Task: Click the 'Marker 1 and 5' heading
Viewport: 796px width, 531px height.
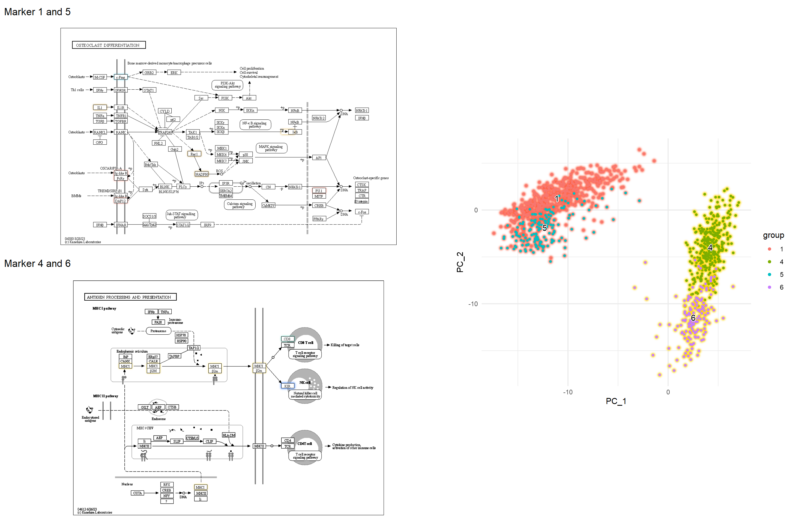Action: (37, 12)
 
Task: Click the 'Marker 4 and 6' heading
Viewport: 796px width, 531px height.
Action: (37, 264)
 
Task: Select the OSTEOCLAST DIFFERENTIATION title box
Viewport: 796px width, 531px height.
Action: (109, 45)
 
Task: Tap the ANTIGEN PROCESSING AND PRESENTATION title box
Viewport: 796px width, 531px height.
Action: (130, 297)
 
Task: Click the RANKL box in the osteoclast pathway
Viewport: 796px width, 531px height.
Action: (99, 132)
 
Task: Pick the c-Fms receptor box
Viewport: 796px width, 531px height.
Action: (121, 77)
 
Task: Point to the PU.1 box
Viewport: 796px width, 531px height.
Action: (319, 191)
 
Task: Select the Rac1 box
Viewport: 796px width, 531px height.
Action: (194, 154)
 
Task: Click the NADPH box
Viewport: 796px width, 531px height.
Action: (201, 174)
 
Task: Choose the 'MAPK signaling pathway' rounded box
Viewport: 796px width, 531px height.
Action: (271, 148)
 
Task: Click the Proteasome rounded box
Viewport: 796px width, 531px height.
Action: (158, 331)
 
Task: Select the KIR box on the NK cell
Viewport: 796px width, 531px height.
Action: (287, 386)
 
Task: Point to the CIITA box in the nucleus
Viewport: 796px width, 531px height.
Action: (137, 493)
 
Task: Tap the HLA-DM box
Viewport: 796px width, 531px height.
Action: (229, 435)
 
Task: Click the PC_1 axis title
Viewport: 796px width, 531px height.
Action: (616, 401)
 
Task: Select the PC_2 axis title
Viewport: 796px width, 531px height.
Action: (460, 262)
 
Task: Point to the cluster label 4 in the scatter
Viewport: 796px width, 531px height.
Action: (710, 248)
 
